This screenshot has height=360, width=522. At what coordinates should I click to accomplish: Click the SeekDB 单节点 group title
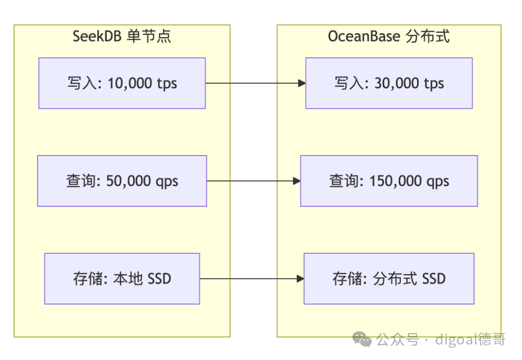click(x=121, y=37)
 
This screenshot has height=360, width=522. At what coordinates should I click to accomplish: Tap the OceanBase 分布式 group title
click(x=389, y=37)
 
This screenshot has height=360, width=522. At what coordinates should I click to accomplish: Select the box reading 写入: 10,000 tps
click(x=122, y=83)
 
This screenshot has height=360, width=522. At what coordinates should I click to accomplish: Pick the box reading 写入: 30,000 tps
click(x=389, y=83)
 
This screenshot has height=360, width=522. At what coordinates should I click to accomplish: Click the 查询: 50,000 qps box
click(x=122, y=181)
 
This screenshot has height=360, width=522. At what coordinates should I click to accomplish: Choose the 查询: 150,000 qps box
click(x=389, y=181)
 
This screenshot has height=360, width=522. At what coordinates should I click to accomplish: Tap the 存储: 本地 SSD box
click(x=122, y=279)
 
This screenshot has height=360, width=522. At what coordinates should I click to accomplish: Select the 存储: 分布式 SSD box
click(x=389, y=279)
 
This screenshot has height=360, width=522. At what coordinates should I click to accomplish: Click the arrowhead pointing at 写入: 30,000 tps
click(x=302, y=83)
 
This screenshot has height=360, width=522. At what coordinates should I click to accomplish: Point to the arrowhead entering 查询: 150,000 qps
click(x=297, y=181)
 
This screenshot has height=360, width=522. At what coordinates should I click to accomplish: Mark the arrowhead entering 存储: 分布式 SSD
click(x=300, y=279)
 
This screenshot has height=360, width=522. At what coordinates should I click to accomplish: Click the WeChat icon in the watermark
click(x=362, y=339)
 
